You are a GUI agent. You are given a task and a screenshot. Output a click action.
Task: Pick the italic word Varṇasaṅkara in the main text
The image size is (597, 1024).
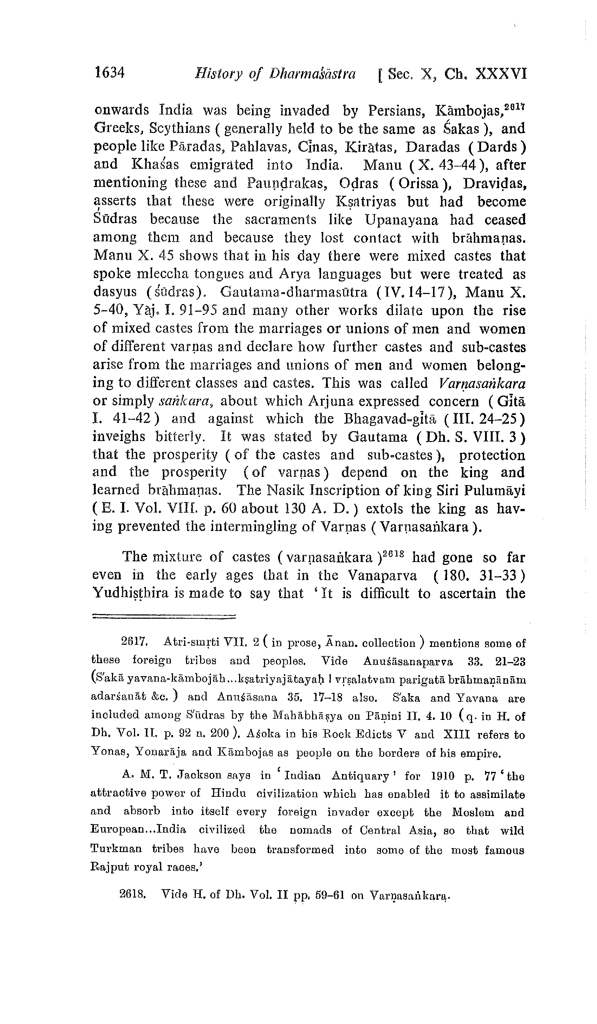pos(483,383)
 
